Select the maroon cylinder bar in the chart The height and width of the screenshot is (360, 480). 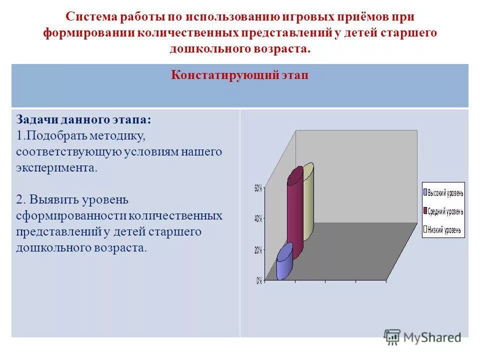[x=295, y=212]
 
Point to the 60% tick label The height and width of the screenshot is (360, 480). [x=258, y=188]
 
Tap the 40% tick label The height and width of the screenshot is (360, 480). [x=258, y=219]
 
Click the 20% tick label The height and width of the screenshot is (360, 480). [x=258, y=250]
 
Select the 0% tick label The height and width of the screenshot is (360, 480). [x=259, y=281]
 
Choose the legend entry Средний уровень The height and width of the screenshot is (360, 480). [x=445, y=211]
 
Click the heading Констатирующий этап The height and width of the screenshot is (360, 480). [x=239, y=75]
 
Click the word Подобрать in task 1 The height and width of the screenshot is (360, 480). [x=56, y=136]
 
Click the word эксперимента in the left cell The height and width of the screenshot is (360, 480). [x=56, y=168]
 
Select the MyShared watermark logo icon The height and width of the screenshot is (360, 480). [x=392, y=336]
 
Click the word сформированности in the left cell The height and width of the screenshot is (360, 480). [x=71, y=215]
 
